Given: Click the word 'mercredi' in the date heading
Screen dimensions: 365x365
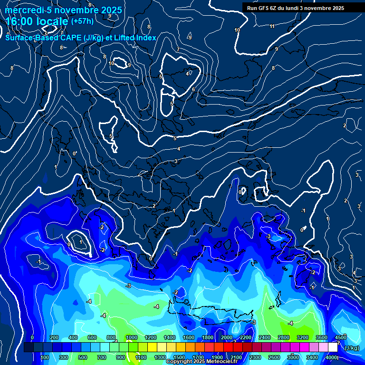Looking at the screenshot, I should pyautogui.click(x=22, y=10).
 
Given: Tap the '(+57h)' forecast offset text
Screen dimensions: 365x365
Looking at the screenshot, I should pyautogui.click(x=82, y=21).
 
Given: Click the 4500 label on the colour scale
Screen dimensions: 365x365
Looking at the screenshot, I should pyautogui.click(x=341, y=337).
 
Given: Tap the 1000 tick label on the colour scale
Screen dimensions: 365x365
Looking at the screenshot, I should pyautogui.click(x=131, y=337).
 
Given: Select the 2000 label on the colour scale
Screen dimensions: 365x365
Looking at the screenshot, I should pyautogui.click(x=226, y=337).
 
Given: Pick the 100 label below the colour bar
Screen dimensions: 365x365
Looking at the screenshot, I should pyautogui.click(x=45, y=357).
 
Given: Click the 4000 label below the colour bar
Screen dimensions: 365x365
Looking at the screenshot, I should pyautogui.click(x=331, y=357).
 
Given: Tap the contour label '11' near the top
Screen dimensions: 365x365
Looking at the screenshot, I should pyautogui.click(x=272, y=26).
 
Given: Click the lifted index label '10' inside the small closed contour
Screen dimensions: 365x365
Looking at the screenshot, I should pyautogui.click(x=111, y=63).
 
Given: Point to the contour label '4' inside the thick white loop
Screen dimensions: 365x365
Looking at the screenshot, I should pyautogui.click(x=187, y=74).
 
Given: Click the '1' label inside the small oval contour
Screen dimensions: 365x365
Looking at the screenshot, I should pyautogui.click(x=81, y=242).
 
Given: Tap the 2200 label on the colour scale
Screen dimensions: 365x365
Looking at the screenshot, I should pyautogui.click(x=245, y=337).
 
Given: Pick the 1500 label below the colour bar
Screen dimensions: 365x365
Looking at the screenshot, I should pyautogui.click(x=179, y=357).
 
